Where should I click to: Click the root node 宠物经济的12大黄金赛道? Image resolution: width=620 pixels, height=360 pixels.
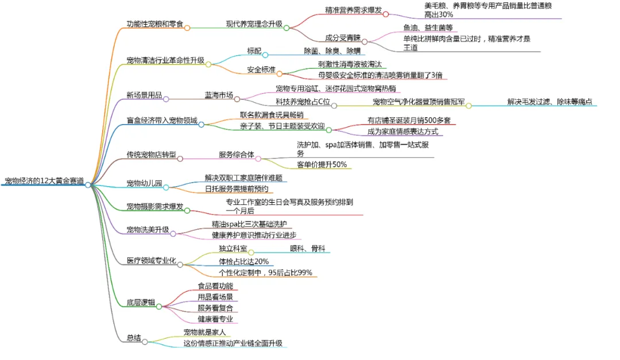(x=44, y=181)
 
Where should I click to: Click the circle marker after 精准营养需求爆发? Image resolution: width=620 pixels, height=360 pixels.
(x=386, y=14)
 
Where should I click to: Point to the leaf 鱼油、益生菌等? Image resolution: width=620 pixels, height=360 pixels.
(x=428, y=28)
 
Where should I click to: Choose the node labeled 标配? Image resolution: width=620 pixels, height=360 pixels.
(x=254, y=51)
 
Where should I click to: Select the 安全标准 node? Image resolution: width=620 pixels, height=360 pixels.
(x=261, y=70)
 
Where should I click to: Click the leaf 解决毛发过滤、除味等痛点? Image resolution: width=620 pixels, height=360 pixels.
(x=550, y=102)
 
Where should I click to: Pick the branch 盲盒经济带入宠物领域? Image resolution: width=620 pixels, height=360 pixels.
(x=162, y=121)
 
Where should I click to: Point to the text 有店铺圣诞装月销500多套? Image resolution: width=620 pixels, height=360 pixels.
(x=409, y=121)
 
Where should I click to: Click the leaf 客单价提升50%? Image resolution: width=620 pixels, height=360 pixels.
(x=321, y=165)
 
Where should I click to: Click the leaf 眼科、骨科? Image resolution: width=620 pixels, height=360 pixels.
(x=308, y=249)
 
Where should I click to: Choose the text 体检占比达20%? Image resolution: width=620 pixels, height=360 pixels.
(x=243, y=261)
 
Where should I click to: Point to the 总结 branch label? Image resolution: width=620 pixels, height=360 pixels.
(x=133, y=338)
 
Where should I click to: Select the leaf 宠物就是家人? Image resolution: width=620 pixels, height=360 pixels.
(x=204, y=332)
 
